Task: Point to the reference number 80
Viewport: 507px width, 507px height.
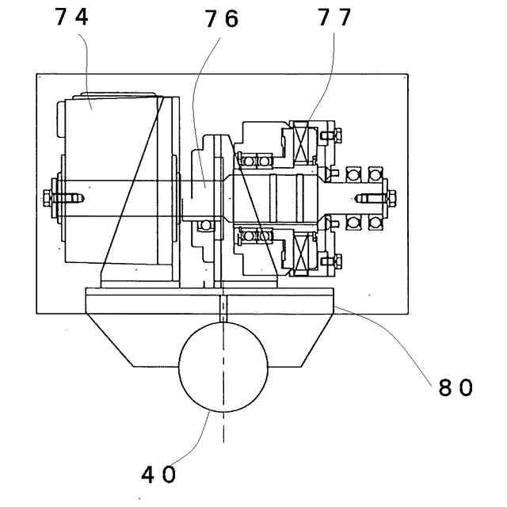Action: (x=455, y=387)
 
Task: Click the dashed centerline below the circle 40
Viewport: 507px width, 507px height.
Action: (x=223, y=428)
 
